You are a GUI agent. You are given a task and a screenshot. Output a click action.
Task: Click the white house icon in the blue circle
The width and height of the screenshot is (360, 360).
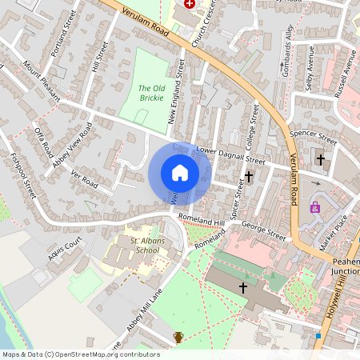click(179, 173)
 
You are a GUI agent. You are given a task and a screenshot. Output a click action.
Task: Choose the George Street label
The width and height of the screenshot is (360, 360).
click(263, 233)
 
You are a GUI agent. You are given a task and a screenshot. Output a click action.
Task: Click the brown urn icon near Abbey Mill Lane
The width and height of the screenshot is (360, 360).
click(178, 338)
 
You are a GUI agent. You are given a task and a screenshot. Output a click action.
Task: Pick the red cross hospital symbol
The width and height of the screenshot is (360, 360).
click(190, 4)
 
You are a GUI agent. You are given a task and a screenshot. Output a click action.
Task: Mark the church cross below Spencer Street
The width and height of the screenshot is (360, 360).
click(321, 158)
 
